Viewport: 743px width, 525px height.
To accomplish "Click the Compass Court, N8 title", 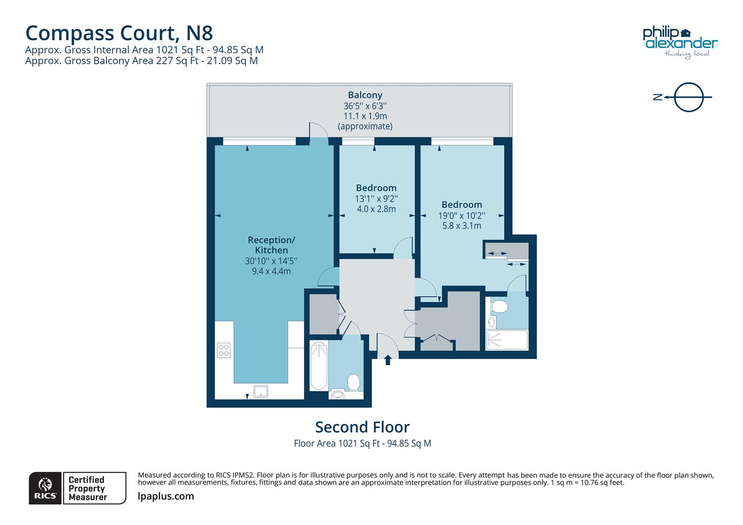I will (x=119, y=33).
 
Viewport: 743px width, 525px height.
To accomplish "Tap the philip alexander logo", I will (x=680, y=42).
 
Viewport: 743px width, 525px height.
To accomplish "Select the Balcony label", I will (x=365, y=95).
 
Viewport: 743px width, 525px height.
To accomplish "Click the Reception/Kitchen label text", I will (x=271, y=245).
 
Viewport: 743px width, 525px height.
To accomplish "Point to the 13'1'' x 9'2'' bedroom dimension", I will (x=376, y=198).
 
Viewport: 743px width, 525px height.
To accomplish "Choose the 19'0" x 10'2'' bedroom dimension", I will (x=461, y=215).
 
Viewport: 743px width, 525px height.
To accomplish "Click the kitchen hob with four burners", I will (x=224, y=350).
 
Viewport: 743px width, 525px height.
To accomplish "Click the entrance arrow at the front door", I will (x=388, y=360).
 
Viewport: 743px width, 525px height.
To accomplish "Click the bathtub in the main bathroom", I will (x=319, y=366).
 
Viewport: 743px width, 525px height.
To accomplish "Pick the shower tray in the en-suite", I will (x=507, y=340).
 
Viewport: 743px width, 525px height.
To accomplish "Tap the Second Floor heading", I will (x=362, y=427).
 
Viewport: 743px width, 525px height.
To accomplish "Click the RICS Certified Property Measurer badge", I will (x=78, y=488).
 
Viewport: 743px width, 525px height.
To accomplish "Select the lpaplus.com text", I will (x=166, y=496).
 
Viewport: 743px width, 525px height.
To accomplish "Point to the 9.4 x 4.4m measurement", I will (x=271, y=271).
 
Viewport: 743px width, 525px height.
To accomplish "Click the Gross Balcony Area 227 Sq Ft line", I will (x=142, y=61).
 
